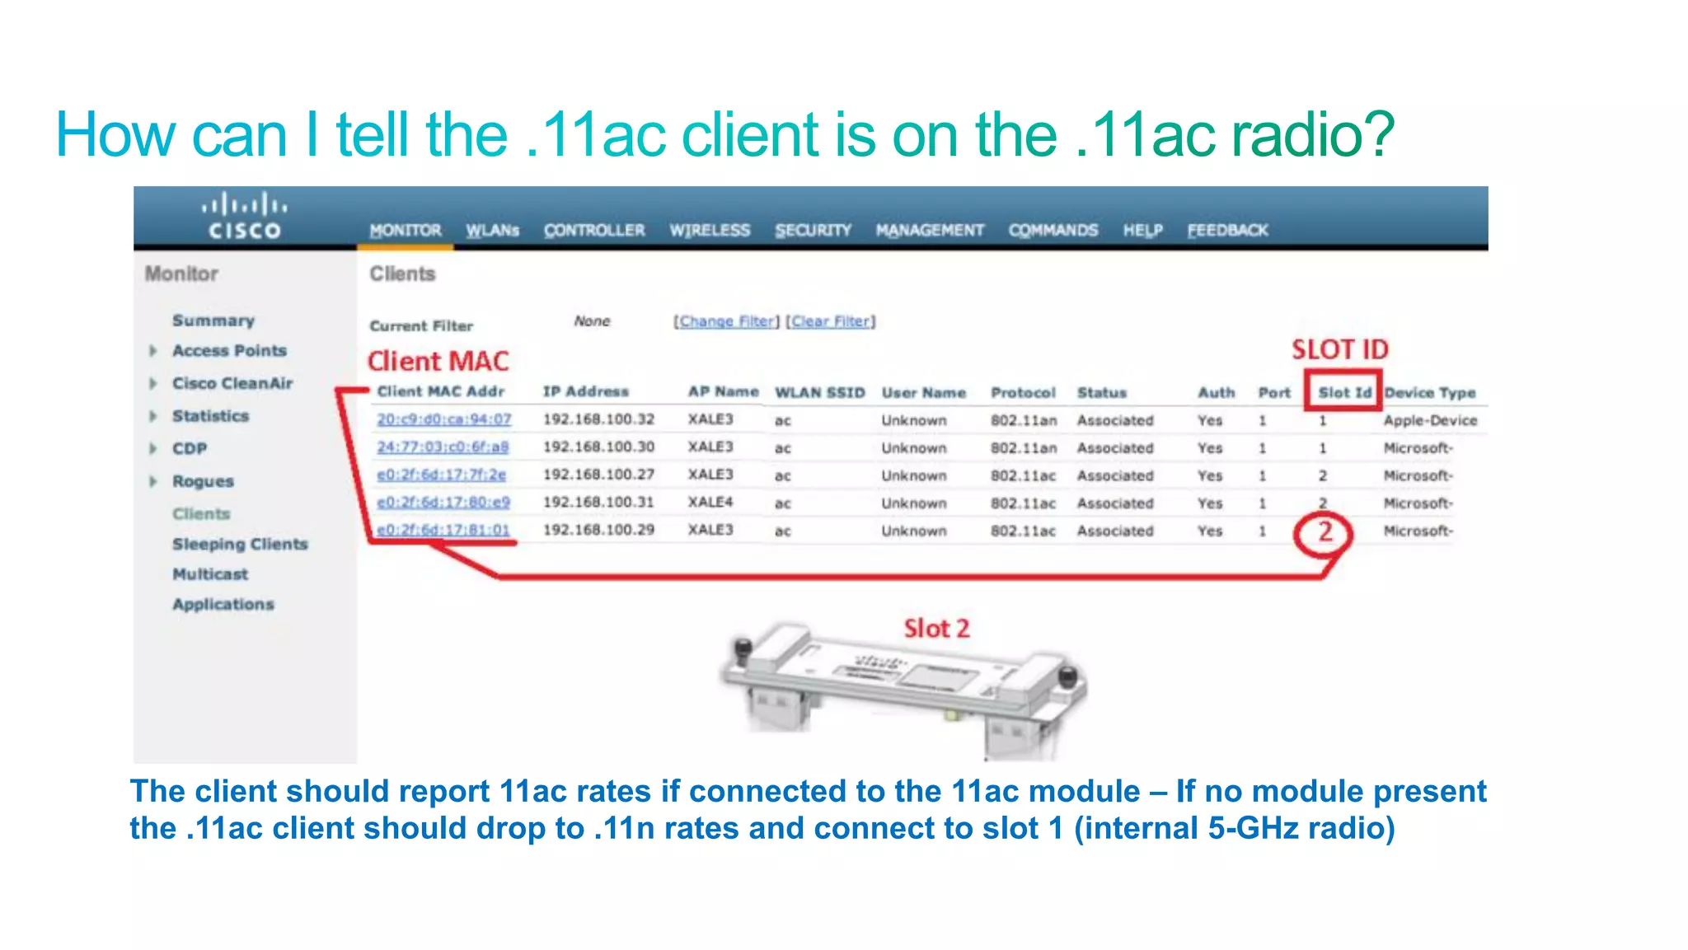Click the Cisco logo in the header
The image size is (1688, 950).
click(x=244, y=216)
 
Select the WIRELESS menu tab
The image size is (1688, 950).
click(x=709, y=230)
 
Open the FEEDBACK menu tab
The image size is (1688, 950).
click(x=1226, y=230)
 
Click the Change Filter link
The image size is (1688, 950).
click(x=726, y=321)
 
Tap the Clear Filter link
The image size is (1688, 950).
click(x=830, y=321)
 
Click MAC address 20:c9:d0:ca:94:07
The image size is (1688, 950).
click(x=443, y=419)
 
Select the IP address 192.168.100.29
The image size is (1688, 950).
click(x=598, y=530)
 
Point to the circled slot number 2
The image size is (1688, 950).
click(x=1324, y=532)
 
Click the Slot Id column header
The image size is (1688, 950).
click(x=1344, y=393)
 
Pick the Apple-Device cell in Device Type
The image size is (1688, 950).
click(x=1429, y=420)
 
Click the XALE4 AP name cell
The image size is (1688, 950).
click(x=710, y=502)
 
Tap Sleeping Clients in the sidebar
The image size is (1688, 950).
click(x=239, y=544)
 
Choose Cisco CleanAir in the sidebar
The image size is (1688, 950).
click(x=232, y=383)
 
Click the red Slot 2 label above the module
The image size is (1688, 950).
click(x=936, y=629)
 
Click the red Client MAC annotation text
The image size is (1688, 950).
click(x=438, y=361)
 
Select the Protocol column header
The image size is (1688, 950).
click(x=1022, y=393)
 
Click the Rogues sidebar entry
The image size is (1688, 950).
click(x=203, y=481)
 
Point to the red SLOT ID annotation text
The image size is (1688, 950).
click(x=1339, y=349)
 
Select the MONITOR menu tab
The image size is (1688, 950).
click(x=405, y=230)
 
